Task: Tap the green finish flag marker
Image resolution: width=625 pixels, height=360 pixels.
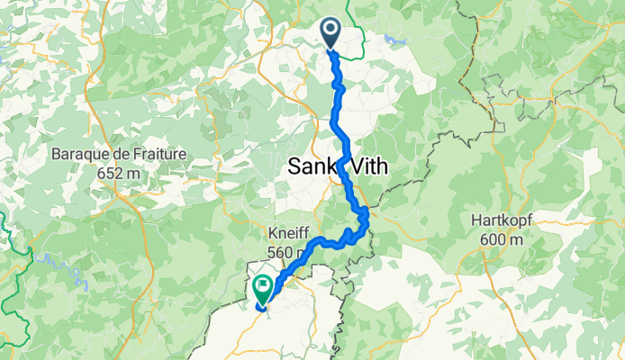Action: [x=263, y=290]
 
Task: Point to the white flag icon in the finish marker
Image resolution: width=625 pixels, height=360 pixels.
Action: [x=263, y=288]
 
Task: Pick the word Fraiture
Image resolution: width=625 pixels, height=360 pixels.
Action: [x=159, y=154]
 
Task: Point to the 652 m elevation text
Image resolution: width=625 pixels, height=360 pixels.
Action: [x=120, y=171]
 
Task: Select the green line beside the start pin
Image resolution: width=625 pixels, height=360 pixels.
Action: [x=356, y=36]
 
